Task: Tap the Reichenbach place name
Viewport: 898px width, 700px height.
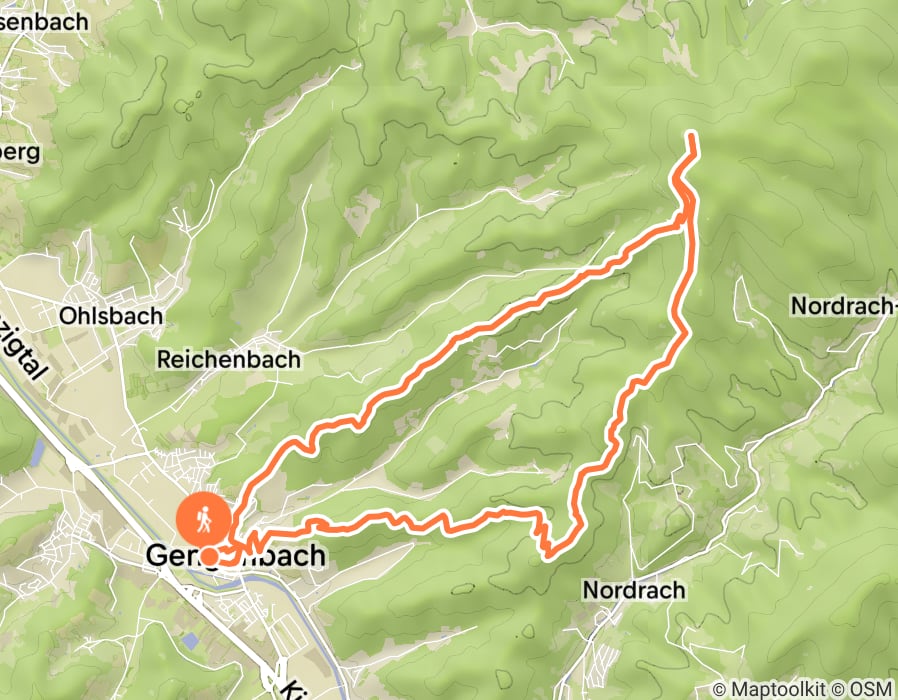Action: (229, 359)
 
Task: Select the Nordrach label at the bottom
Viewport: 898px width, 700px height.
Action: (634, 590)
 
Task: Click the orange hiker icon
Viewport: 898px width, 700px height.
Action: (203, 519)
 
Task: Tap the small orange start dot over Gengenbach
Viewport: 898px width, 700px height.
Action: (210, 555)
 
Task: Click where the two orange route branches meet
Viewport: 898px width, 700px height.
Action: (689, 213)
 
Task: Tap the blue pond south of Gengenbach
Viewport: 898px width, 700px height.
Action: (190, 640)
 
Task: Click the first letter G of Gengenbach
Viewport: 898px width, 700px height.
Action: (157, 556)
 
